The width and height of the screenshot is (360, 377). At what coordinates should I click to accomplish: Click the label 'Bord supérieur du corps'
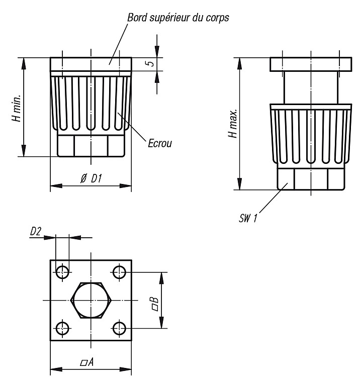coord(178,18)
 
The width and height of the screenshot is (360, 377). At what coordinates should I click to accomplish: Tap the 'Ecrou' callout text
coord(160,143)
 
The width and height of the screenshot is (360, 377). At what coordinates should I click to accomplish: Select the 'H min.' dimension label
coord(17,108)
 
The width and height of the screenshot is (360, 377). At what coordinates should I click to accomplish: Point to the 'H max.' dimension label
coord(233,124)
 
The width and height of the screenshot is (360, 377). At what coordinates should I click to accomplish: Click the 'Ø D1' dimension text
coord(91,178)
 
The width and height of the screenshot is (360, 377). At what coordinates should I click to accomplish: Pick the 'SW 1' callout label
coord(248,218)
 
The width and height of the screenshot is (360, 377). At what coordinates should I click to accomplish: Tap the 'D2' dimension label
coord(36,232)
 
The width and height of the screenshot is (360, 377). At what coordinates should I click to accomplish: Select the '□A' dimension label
coord(87,361)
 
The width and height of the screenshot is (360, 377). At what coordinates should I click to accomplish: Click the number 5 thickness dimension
coord(150,63)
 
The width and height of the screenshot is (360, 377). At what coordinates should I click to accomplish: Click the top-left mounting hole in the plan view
coord(62,272)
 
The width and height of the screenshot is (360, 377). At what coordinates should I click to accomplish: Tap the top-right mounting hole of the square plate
coord(119,272)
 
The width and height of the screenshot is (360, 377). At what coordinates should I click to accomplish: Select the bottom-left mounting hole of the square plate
coord(62,328)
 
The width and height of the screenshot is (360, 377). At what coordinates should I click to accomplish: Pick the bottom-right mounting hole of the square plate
coord(119,328)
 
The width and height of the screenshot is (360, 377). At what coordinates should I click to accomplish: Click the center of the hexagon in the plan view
coord(91,300)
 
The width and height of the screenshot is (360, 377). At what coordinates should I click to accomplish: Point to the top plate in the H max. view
coord(311,64)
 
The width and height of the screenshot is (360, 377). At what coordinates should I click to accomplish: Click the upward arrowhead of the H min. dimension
coord(24,63)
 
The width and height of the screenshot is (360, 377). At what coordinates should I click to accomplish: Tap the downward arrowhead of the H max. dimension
coord(239,184)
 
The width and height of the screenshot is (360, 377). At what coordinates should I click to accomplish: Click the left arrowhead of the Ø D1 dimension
coord(56,185)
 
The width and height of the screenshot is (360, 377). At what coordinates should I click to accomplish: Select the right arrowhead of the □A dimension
coord(126,369)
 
